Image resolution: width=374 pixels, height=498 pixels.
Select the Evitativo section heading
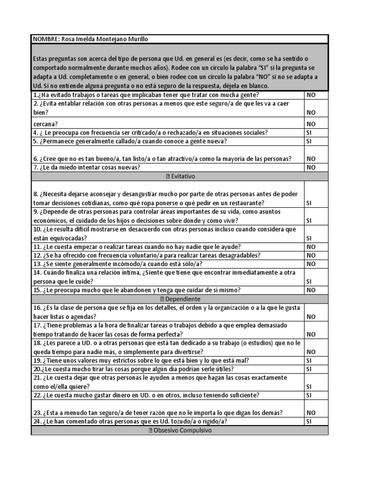click(179, 176)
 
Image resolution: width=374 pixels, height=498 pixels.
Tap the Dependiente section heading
click(179, 299)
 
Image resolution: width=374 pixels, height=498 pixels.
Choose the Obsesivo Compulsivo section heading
click(179, 430)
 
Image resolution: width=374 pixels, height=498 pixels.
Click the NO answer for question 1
click(311, 95)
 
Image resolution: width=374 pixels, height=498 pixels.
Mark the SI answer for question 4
click(309, 132)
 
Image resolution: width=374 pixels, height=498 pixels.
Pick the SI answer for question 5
click(309, 141)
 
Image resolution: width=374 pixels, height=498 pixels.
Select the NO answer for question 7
click(311, 167)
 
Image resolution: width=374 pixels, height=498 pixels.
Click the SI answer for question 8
click(309, 203)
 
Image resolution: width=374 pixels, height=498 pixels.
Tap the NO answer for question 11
click(311, 247)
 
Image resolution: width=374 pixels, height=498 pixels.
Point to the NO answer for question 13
click(311, 264)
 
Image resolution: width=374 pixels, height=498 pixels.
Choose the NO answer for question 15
click(311, 290)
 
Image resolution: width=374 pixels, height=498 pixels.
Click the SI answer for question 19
click(309, 360)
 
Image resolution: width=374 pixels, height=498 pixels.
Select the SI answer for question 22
click(309, 395)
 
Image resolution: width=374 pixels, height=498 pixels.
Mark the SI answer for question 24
click(309, 421)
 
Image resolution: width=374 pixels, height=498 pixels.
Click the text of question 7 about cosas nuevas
click(87, 167)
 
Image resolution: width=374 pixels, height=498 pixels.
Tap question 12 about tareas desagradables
click(147, 255)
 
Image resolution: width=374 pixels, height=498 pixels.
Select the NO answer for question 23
click(311, 412)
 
